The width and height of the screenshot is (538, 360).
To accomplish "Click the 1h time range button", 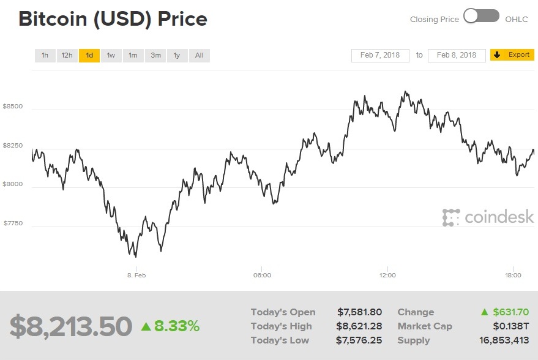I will coord(45,56).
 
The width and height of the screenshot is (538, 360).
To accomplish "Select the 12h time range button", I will coord(67,56).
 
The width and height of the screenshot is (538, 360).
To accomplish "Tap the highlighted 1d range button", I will coord(89,56).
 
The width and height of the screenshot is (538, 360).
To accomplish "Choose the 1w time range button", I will coord(111,56).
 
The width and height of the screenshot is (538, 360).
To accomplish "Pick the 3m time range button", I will coord(155,56).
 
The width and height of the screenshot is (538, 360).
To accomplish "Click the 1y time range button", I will coord(177,56).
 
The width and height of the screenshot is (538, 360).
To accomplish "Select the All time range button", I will coord(199,56).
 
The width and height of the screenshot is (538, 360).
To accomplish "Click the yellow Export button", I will coord(512,55).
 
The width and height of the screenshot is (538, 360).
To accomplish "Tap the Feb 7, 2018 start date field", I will coord(380,55).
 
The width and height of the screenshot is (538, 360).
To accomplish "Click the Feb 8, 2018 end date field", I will coord(457,55).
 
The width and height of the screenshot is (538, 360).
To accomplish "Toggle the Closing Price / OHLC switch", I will coord(481,17).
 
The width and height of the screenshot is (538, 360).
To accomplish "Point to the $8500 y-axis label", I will coord(13,107).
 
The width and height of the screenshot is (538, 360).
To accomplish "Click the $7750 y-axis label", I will coord(13,223).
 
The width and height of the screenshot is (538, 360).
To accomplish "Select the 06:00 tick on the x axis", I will coord(262,276).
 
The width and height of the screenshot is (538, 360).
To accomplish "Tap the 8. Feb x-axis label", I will coord(136,276).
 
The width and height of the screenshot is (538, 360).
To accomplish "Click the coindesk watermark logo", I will coord(488,217).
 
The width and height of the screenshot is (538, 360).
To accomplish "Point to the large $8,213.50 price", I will coord(70,326).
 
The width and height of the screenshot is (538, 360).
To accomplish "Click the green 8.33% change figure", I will coord(171,326).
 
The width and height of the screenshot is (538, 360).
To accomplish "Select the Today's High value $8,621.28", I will coord(359,326).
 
